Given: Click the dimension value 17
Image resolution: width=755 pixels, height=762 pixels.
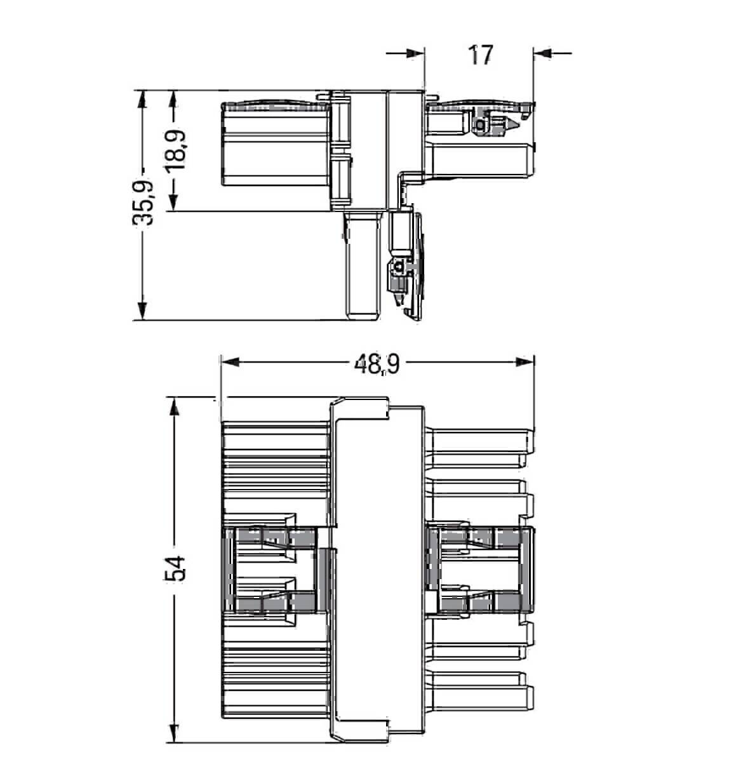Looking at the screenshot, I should coord(481,55).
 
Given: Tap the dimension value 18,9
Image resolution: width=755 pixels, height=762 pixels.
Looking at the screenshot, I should coord(177,149).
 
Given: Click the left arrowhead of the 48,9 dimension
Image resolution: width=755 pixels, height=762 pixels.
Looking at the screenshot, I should coord(229,363).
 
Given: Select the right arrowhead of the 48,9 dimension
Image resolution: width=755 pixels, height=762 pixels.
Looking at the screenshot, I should coord(524,363).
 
